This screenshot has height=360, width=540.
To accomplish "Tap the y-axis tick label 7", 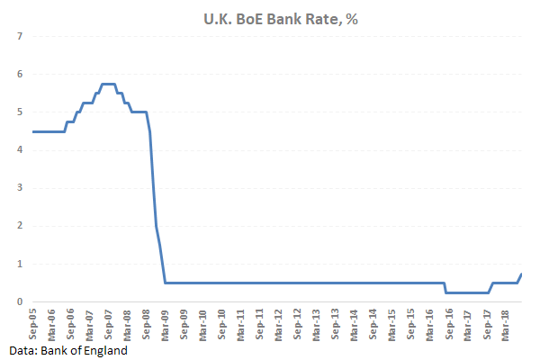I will (19, 36).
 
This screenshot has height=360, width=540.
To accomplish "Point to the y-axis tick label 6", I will (19, 74).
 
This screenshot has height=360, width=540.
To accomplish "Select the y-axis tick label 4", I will (19, 150).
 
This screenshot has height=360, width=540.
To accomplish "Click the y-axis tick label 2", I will (19, 226).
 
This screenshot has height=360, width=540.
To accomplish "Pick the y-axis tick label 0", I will (19, 302).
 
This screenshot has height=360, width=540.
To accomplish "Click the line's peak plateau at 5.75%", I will (108, 84).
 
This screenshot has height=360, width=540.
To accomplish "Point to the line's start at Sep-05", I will (33, 131).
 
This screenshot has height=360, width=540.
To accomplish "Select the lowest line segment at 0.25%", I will (467, 292).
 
